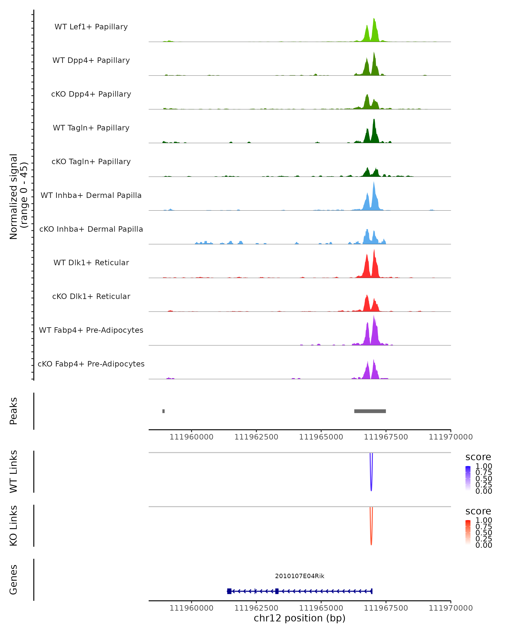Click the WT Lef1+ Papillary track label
tap(91, 27)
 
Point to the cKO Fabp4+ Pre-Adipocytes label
tap(91, 364)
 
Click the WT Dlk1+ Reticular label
tap(91, 262)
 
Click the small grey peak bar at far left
tap(164, 411)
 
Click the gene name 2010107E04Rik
tap(300, 576)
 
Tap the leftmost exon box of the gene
tap(229, 591)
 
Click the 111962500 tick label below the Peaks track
tap(256, 437)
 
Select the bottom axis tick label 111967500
tap(386, 608)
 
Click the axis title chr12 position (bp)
tap(300, 618)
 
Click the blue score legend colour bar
tap(468, 478)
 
